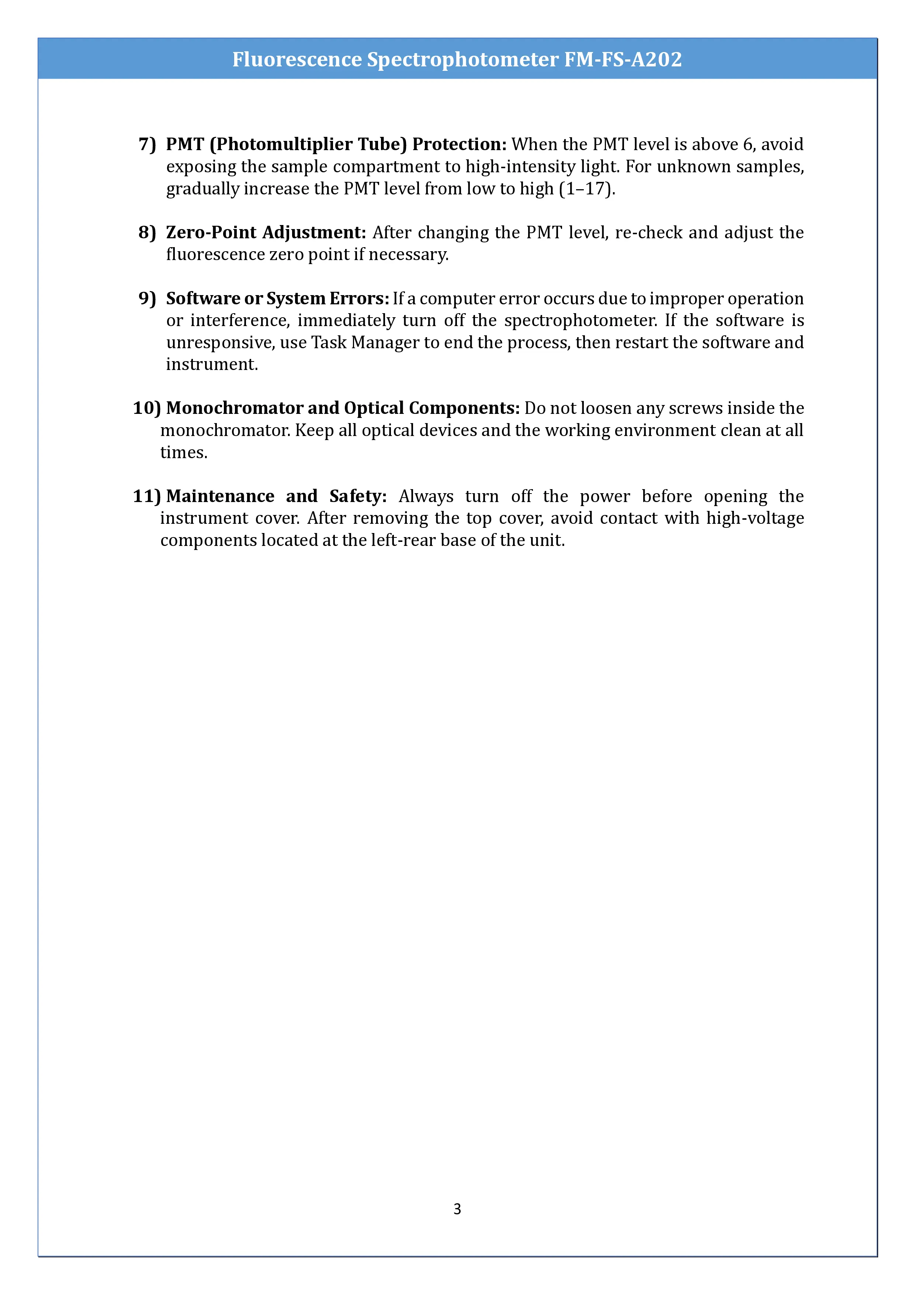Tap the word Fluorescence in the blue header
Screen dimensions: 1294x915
pos(297,59)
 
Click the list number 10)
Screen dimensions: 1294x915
pos(146,408)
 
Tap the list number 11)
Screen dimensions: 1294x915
pos(146,496)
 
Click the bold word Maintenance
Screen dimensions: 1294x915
pos(220,496)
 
